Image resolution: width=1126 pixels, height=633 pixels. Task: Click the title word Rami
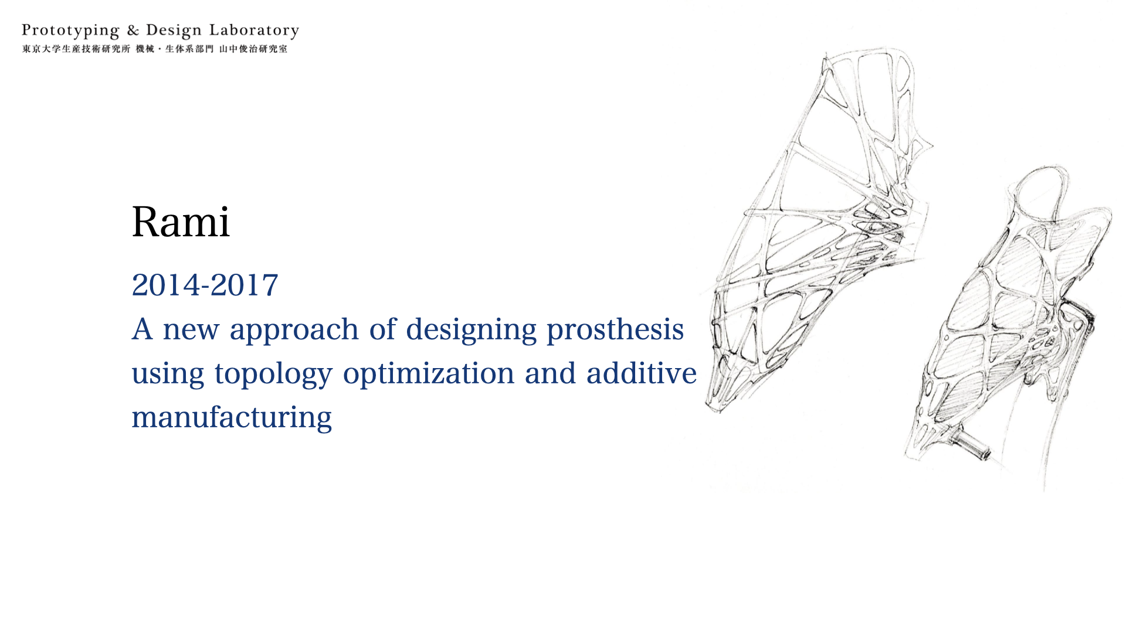181,222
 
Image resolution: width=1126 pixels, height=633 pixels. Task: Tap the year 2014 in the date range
166,285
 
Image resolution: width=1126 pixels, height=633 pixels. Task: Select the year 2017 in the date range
244,285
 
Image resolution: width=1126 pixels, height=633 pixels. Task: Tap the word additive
641,373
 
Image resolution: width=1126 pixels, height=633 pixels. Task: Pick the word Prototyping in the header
70,31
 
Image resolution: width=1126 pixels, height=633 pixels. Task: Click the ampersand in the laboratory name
133,30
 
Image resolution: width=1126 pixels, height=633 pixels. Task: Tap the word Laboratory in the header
254,31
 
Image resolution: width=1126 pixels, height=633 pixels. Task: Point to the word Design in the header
174,31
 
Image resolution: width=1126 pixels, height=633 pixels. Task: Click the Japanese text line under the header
155,49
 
